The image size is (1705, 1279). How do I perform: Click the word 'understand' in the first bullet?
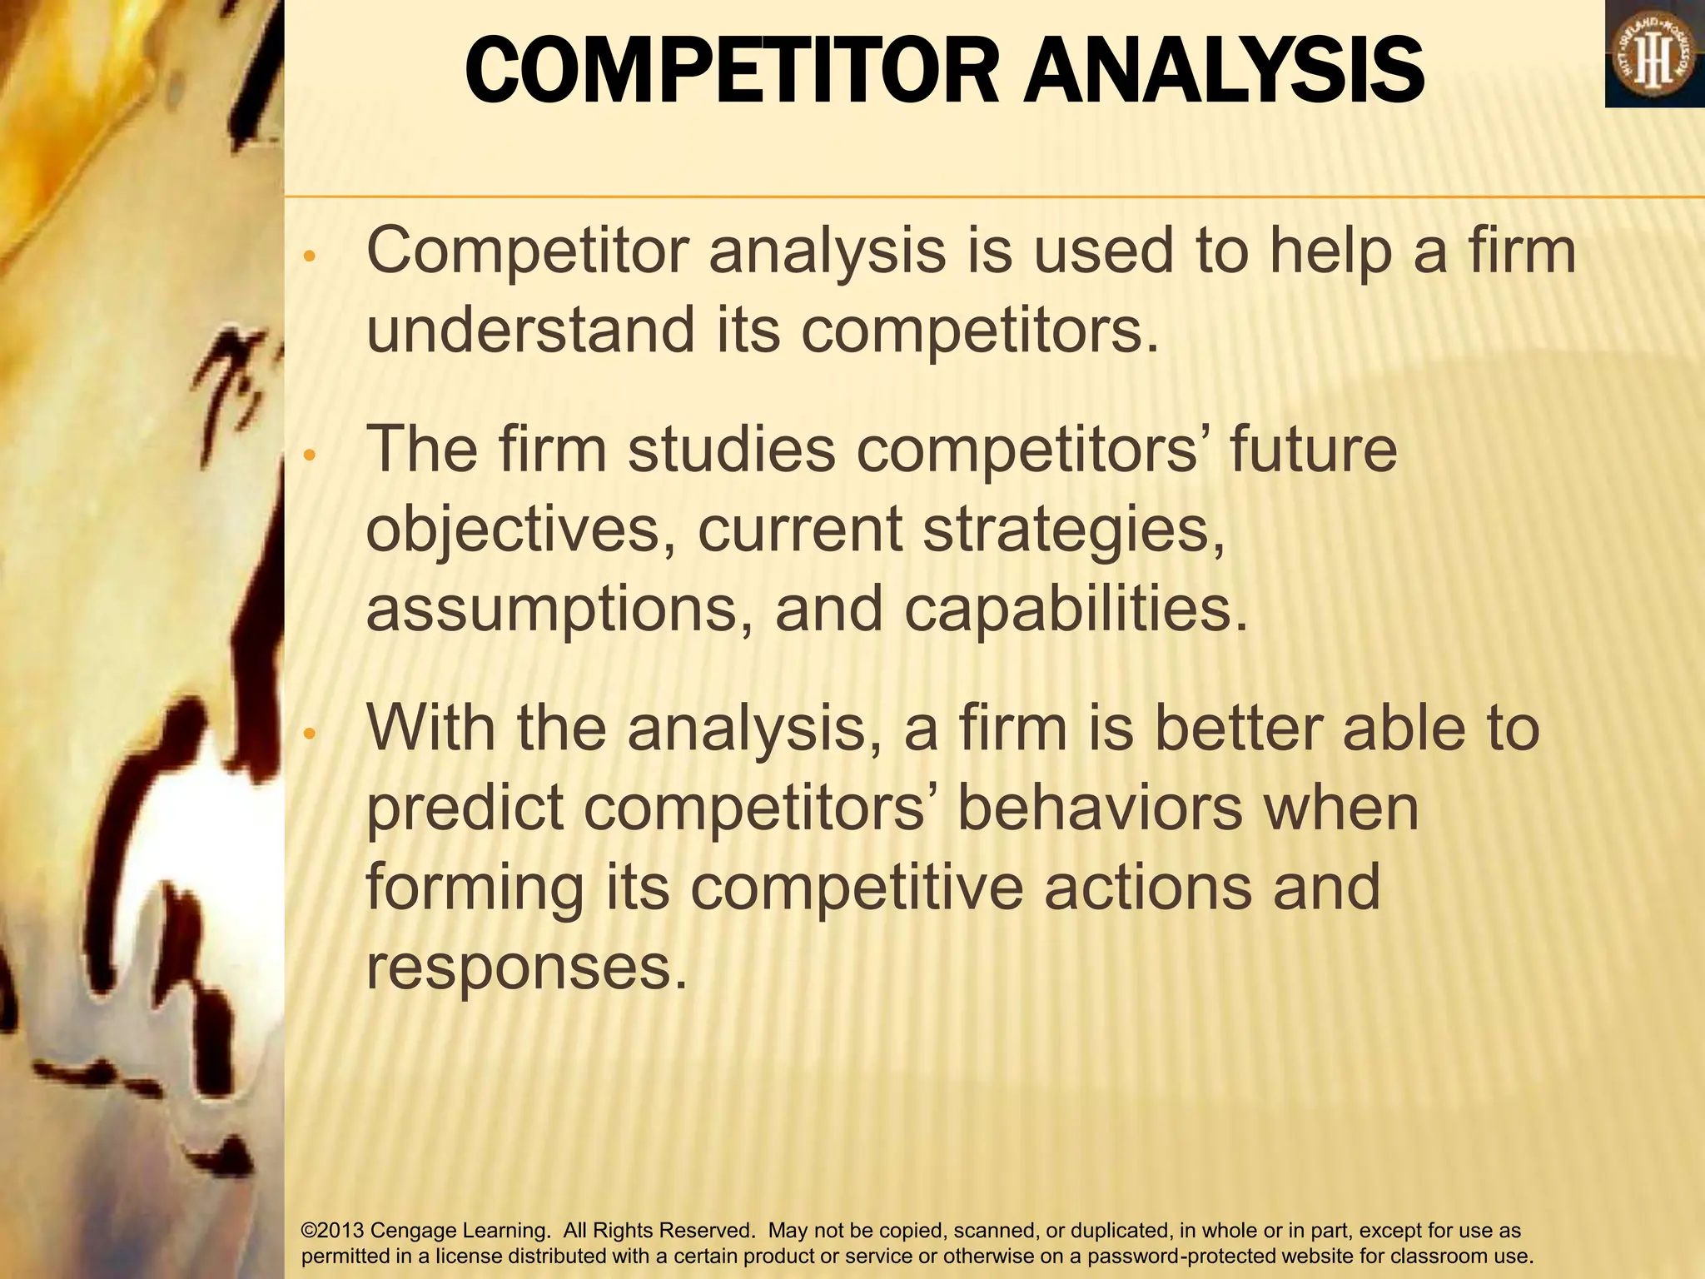tap(530, 330)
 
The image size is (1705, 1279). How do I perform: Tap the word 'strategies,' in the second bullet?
tap(1074, 530)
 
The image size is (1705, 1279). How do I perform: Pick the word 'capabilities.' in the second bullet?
tap(1076, 610)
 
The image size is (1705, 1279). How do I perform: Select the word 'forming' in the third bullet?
tap(475, 888)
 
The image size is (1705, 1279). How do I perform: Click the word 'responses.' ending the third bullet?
tap(528, 967)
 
